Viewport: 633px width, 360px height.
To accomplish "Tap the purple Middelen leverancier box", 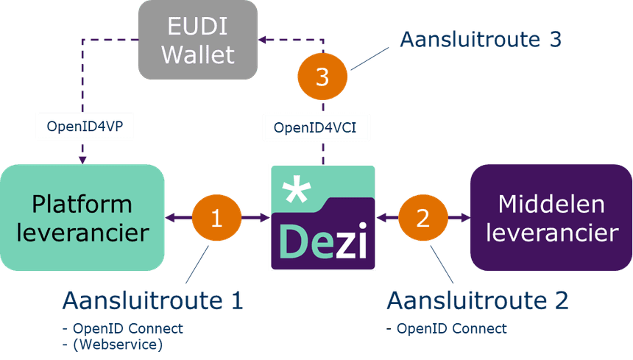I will (551, 217).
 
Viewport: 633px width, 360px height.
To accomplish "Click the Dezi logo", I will (322, 218).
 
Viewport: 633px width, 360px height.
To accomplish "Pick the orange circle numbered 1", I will (216, 218).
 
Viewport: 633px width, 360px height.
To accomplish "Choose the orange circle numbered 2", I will (422, 218).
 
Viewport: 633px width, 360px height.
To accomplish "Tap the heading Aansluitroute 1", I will (152, 300).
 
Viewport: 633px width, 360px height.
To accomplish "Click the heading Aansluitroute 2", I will (478, 300).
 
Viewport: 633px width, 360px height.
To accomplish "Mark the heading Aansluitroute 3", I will (481, 38).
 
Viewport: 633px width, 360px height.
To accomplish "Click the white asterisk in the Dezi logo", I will (296, 192).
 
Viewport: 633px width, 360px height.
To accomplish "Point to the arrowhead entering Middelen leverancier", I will (464, 218).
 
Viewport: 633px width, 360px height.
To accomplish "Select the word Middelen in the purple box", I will (551, 203).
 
